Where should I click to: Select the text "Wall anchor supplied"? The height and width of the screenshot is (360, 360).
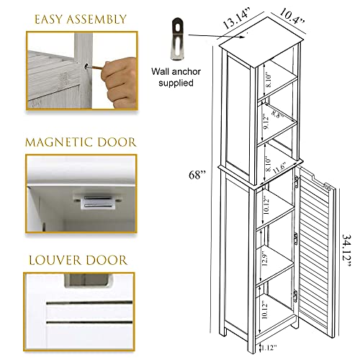(x=174, y=78)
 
